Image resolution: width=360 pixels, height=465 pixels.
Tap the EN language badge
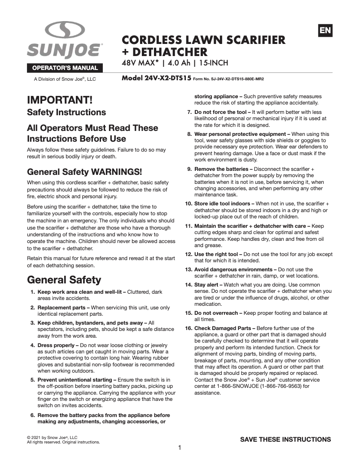pos(325,30)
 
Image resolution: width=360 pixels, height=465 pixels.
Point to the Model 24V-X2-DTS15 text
pos(157,78)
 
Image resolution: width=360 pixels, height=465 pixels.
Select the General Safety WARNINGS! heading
pos(84,172)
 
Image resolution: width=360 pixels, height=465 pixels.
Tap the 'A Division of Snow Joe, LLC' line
pos(65,79)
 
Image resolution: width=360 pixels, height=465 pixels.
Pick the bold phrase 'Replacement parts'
pos(63,308)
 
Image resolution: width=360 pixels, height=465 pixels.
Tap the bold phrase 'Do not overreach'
pos(216,313)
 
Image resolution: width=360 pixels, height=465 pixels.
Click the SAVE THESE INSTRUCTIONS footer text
pos(285,439)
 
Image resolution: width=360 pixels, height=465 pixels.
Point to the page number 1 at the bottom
pos(180,448)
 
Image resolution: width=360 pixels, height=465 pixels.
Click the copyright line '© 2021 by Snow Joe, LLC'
pos(53,437)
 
